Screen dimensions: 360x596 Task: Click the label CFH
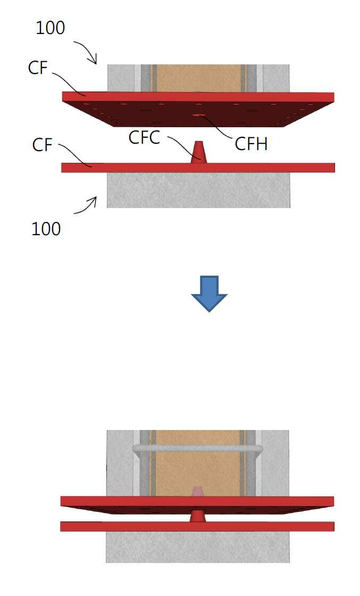click(251, 144)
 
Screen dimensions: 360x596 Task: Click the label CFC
click(144, 138)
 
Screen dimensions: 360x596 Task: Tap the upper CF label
click(38, 68)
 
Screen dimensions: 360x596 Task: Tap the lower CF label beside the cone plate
click(42, 145)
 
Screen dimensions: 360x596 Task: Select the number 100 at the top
click(50, 28)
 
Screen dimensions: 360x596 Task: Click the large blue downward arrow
click(209, 294)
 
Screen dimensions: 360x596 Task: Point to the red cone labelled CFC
click(198, 152)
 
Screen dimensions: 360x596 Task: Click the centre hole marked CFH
click(198, 114)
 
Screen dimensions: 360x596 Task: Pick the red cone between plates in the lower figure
click(197, 516)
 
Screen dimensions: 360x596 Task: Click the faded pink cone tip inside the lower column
click(197, 491)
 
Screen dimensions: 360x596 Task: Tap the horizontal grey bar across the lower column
click(197, 449)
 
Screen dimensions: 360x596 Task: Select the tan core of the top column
click(198, 78)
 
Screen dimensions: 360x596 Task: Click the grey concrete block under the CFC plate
click(198, 190)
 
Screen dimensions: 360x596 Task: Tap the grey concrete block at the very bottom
click(197, 547)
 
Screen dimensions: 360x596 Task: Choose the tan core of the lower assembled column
click(198, 463)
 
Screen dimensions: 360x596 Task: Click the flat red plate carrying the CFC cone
click(198, 168)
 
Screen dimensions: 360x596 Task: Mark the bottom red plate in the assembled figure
click(197, 526)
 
